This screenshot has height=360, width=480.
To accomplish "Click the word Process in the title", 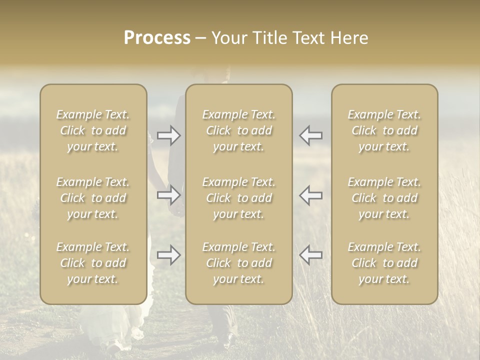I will (157, 38).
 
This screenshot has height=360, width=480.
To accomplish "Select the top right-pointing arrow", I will (169, 135).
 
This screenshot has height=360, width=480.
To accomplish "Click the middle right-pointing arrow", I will (169, 195).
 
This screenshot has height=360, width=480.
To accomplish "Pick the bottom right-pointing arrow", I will (169, 255).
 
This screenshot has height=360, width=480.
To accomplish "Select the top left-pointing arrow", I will (311, 135).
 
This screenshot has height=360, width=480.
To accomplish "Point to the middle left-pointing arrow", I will (311, 195).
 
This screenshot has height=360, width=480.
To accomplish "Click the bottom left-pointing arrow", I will (311, 255).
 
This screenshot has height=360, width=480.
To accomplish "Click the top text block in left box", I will (93, 130).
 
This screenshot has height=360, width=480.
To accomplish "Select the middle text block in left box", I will (93, 198).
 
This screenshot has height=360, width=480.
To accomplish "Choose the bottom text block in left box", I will (93, 263).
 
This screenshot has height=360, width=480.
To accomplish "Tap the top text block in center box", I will (238, 130).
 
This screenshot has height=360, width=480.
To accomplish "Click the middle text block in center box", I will (238, 198).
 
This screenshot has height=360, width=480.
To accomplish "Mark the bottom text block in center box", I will (238, 263).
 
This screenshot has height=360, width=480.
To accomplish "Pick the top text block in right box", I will (384, 130).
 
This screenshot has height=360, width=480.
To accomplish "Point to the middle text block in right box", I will (384, 198).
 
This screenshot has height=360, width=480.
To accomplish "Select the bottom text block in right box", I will (384, 263).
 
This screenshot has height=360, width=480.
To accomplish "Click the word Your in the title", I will (229, 38).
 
